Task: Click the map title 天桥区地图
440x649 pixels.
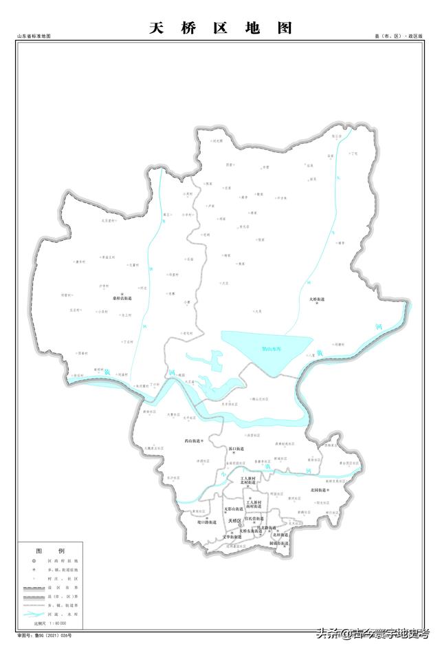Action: tap(221, 28)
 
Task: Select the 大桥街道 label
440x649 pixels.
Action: tap(317, 299)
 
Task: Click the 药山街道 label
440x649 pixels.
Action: tap(193, 440)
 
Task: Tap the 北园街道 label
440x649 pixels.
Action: tap(318, 489)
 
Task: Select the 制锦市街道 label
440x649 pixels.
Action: tap(278, 543)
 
